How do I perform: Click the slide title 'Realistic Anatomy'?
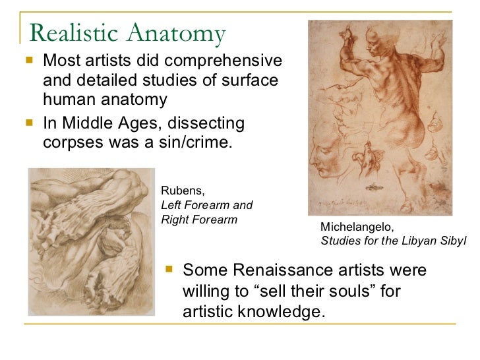click(128, 32)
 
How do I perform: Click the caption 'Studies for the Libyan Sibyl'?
click(393, 241)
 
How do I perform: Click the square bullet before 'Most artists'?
click(28, 63)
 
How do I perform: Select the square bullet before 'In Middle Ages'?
click(28, 124)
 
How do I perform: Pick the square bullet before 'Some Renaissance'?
click(169, 270)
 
